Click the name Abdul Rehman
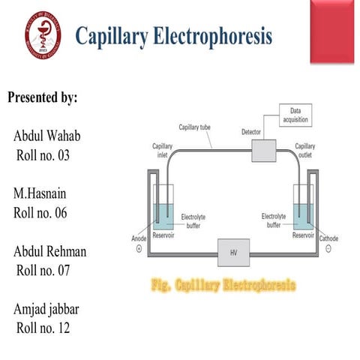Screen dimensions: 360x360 pyautogui.click(x=50, y=251)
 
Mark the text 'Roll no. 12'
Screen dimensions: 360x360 pyautogui.click(x=46, y=328)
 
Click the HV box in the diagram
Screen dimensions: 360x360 pyautogui.click(x=232, y=253)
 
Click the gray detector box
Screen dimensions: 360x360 pyautogui.click(x=263, y=150)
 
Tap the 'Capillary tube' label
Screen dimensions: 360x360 pyautogui.click(x=195, y=127)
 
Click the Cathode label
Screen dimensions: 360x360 pyautogui.click(x=328, y=238)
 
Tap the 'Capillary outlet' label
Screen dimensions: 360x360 pyautogui.click(x=304, y=150)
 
